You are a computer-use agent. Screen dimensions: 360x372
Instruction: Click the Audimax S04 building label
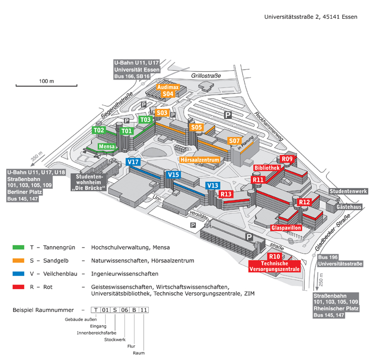(168, 90)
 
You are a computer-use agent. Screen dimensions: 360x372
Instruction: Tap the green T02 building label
(99, 130)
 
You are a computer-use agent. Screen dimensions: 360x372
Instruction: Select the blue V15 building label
(174, 175)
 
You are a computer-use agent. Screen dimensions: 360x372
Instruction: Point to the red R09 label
(287, 159)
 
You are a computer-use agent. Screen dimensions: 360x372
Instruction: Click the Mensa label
(106, 146)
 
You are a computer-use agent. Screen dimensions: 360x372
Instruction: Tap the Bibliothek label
(268, 167)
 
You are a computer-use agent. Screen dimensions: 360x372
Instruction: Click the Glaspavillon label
(286, 228)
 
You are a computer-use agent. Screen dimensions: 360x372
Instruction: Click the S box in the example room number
(115, 309)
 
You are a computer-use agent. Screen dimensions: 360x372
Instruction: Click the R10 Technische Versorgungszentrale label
(274, 263)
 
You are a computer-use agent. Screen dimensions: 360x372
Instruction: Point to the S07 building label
(233, 140)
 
